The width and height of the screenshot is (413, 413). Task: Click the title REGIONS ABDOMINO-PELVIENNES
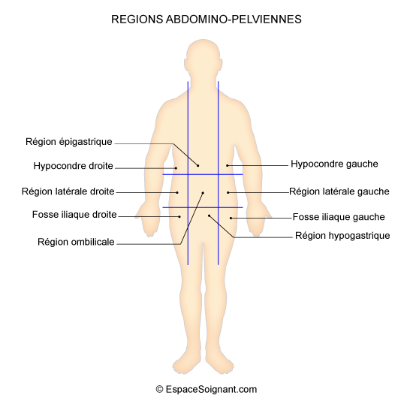(x=206, y=20)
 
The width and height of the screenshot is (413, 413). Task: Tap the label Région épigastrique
(x=69, y=142)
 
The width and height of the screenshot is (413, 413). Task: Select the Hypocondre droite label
(x=74, y=166)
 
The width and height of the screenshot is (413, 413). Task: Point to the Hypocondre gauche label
(x=334, y=164)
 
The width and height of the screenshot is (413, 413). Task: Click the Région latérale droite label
(x=68, y=191)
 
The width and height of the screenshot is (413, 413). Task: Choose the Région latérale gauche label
(x=339, y=191)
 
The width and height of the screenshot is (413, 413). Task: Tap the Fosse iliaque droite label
(x=74, y=215)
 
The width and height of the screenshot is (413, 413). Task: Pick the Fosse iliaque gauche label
(x=339, y=217)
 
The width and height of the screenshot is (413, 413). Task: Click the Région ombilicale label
(x=76, y=242)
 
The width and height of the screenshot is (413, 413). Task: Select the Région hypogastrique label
(x=342, y=236)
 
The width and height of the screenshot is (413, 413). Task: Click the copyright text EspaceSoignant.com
(x=206, y=389)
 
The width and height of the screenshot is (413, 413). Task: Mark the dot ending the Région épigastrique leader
(x=197, y=166)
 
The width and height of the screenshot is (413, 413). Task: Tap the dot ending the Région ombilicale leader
(x=203, y=193)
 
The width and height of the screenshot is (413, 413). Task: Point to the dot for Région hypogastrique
(x=210, y=216)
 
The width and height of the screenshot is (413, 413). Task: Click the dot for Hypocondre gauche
(x=228, y=166)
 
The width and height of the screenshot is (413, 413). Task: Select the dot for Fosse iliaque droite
(x=179, y=217)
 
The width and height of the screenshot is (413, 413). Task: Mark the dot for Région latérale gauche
(x=228, y=193)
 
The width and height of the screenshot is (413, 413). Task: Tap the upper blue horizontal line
(x=203, y=174)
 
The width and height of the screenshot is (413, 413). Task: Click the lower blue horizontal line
(x=203, y=207)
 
